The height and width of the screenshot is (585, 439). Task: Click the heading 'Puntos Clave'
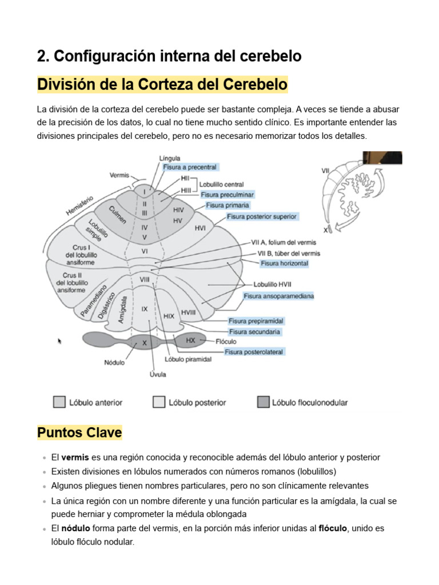tap(79, 432)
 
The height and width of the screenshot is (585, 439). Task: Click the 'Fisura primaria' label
tap(228, 205)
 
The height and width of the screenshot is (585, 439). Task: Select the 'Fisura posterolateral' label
tap(254, 352)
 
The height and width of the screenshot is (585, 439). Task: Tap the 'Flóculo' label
tap(226, 342)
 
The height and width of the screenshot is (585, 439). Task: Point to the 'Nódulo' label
tap(114, 362)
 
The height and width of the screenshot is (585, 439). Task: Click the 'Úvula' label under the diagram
tap(158, 374)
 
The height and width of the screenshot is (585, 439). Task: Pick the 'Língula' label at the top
tap(169, 158)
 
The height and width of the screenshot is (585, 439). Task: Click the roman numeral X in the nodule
tap(145, 343)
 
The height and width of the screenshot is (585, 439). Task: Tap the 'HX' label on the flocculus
tap(190, 340)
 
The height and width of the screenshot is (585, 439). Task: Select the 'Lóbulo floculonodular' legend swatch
tap(263, 402)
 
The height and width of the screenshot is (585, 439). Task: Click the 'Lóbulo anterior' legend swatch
tap(59, 402)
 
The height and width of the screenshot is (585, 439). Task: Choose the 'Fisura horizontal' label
tap(285, 263)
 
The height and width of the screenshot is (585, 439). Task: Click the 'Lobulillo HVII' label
tap(273, 285)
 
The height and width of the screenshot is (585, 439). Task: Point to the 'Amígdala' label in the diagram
tap(122, 309)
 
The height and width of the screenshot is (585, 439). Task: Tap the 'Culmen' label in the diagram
tap(118, 215)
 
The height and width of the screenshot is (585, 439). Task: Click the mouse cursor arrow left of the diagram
tap(59, 340)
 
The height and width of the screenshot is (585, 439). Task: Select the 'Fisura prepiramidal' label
tap(256, 321)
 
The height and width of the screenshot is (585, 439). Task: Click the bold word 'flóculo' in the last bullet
tap(333, 528)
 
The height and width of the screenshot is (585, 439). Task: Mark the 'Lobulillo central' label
tap(221, 185)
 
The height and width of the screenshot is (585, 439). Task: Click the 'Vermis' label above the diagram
tap(119, 175)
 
